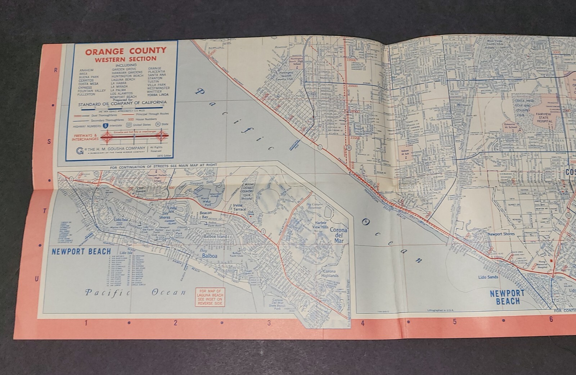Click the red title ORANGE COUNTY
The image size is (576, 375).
coord(126,50)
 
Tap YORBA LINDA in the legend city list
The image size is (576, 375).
coord(157,95)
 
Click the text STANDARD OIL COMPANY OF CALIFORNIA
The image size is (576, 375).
coord(122,103)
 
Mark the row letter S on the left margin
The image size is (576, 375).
coord(49,141)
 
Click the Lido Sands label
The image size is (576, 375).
coord(488,277)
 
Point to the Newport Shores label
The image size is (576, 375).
coord(501,234)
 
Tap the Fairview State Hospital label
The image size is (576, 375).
coord(544,119)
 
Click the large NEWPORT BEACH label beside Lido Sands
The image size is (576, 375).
coord(508,297)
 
